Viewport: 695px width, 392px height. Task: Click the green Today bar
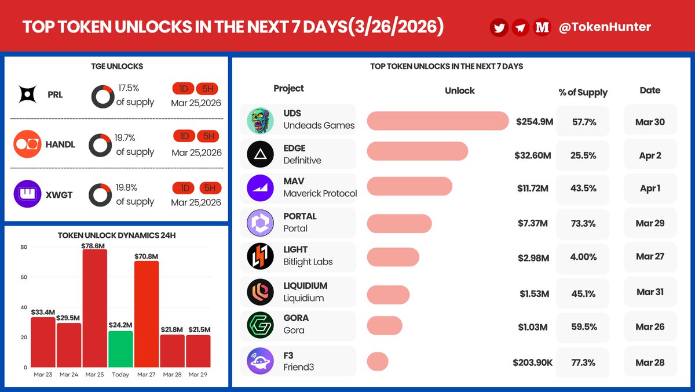coord(120,349)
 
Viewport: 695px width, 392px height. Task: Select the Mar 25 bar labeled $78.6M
coord(94,308)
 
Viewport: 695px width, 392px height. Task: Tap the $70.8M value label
coord(146,255)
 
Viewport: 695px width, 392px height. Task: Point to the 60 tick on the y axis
coord(24,277)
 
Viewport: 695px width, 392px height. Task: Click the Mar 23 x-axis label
coord(42,375)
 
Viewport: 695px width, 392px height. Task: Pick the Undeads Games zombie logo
coord(260,120)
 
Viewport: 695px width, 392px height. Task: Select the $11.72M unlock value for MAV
coord(532,188)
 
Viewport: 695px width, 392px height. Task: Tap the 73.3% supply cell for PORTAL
coord(583,223)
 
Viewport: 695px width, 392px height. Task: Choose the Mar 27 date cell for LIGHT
coord(650,256)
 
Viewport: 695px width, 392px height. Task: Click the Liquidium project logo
coord(260,292)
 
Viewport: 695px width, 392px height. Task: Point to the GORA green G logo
coord(260,325)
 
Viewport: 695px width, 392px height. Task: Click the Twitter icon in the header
coord(499,27)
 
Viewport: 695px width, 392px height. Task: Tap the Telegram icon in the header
coord(520,27)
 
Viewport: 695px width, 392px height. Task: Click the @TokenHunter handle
coord(597,27)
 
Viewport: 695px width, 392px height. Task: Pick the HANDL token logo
coord(27,144)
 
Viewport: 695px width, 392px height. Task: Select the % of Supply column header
coord(583,92)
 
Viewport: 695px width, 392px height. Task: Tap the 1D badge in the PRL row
coord(184,88)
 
